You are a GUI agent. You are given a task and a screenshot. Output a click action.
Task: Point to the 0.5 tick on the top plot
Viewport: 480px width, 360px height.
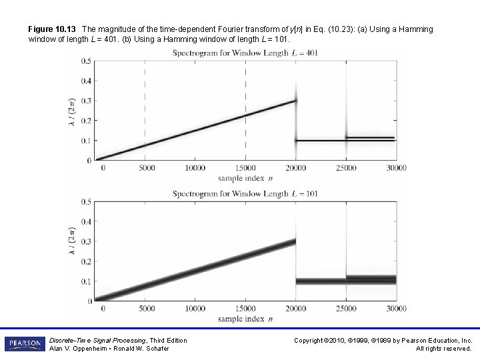tap(87, 61)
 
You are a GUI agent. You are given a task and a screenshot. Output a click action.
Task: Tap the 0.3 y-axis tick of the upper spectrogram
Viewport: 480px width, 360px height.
tap(87, 101)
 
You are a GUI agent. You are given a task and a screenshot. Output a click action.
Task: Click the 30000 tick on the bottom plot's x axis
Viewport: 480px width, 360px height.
tap(396, 309)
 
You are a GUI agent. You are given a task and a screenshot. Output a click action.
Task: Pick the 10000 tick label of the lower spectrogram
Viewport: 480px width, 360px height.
tap(195, 309)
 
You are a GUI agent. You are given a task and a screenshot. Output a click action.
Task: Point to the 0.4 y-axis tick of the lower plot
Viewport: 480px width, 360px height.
tap(87, 221)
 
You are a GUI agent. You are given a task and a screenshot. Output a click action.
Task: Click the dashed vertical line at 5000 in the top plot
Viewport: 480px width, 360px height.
tap(145, 100)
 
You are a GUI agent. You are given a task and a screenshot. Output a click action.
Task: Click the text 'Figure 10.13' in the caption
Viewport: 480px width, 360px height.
tap(51, 29)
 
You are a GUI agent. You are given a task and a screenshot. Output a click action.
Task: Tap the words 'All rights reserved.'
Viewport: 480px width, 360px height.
tap(443, 349)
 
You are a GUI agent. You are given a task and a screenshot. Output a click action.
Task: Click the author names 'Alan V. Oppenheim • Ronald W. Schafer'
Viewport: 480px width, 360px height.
tap(109, 349)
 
